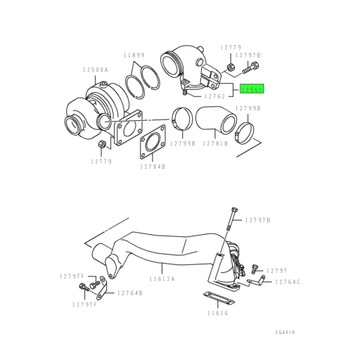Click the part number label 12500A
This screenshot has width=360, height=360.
(x=95, y=70)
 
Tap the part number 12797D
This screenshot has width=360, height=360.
(x=248, y=55)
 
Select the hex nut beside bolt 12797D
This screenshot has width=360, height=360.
(x=231, y=68)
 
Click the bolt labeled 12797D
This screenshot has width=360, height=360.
(x=252, y=70)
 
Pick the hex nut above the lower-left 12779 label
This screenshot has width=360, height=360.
(x=103, y=145)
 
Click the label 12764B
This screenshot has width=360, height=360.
(x=130, y=292)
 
